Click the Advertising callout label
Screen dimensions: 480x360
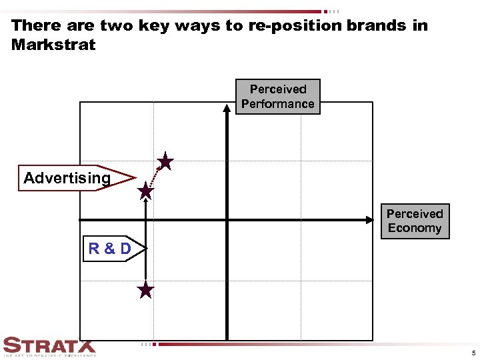67,178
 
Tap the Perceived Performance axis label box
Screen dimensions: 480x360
277,97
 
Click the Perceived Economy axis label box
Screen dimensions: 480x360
414,221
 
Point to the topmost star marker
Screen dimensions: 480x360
165,162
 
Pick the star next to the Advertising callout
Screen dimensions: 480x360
145,192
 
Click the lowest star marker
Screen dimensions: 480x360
145,291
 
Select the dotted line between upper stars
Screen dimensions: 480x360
155,177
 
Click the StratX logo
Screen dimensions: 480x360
49,347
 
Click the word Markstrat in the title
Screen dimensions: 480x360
53,45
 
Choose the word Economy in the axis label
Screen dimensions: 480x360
414,228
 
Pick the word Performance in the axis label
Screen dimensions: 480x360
277,104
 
